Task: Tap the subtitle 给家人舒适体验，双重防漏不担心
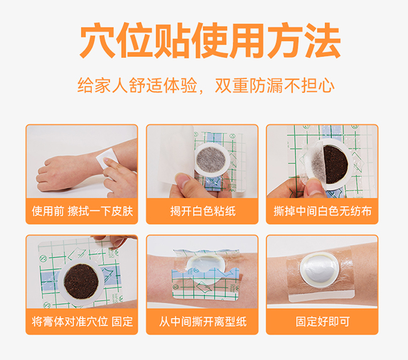pos(205,85)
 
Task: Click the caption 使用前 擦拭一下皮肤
pos(82,211)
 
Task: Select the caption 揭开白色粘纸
pos(202,211)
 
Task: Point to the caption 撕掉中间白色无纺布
pos(322,211)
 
